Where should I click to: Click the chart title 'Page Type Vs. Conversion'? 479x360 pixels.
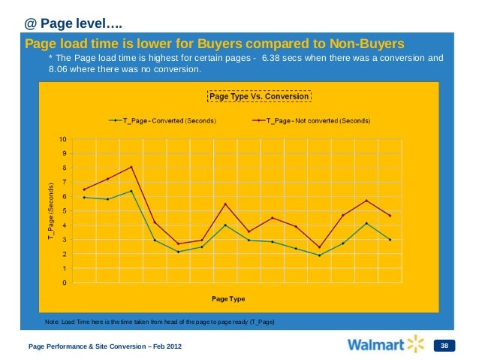pos(258,97)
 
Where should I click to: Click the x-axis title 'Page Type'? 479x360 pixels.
pos(229,299)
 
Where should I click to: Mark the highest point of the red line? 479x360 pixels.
pos(131,167)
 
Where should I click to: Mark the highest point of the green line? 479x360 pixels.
pos(131,191)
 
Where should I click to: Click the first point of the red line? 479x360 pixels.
pos(84,189)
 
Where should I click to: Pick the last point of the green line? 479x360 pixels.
pos(390,240)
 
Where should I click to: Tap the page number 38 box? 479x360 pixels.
pos(444,346)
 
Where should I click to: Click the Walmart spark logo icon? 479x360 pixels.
pos(415,345)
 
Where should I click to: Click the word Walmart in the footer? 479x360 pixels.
pos(375,346)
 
